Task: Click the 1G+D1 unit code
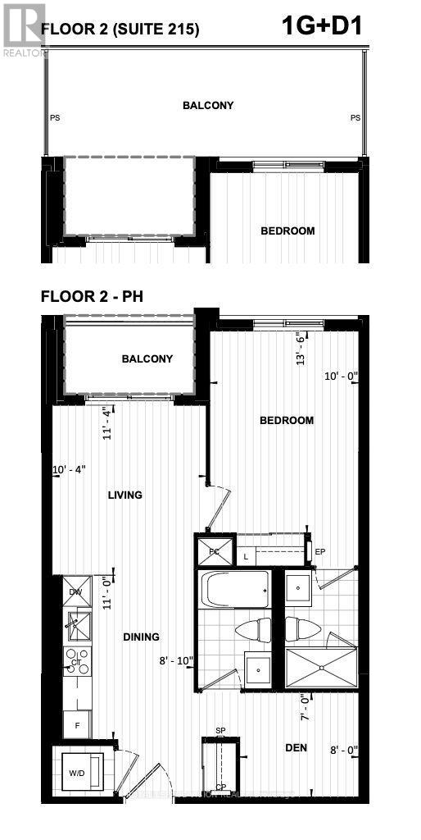pos(321,26)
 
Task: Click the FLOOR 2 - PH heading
pos(92,296)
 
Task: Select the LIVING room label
pos(124,495)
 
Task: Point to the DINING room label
pos(141,637)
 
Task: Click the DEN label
pos(297,747)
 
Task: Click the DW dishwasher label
pos(75,591)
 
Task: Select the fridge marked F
pos(77,725)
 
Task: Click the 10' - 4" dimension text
pos(69,469)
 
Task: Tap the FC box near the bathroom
pos(214,551)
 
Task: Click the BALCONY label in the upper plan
pos(207,105)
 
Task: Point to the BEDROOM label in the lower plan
pos(287,421)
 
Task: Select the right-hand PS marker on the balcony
pos(355,118)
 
